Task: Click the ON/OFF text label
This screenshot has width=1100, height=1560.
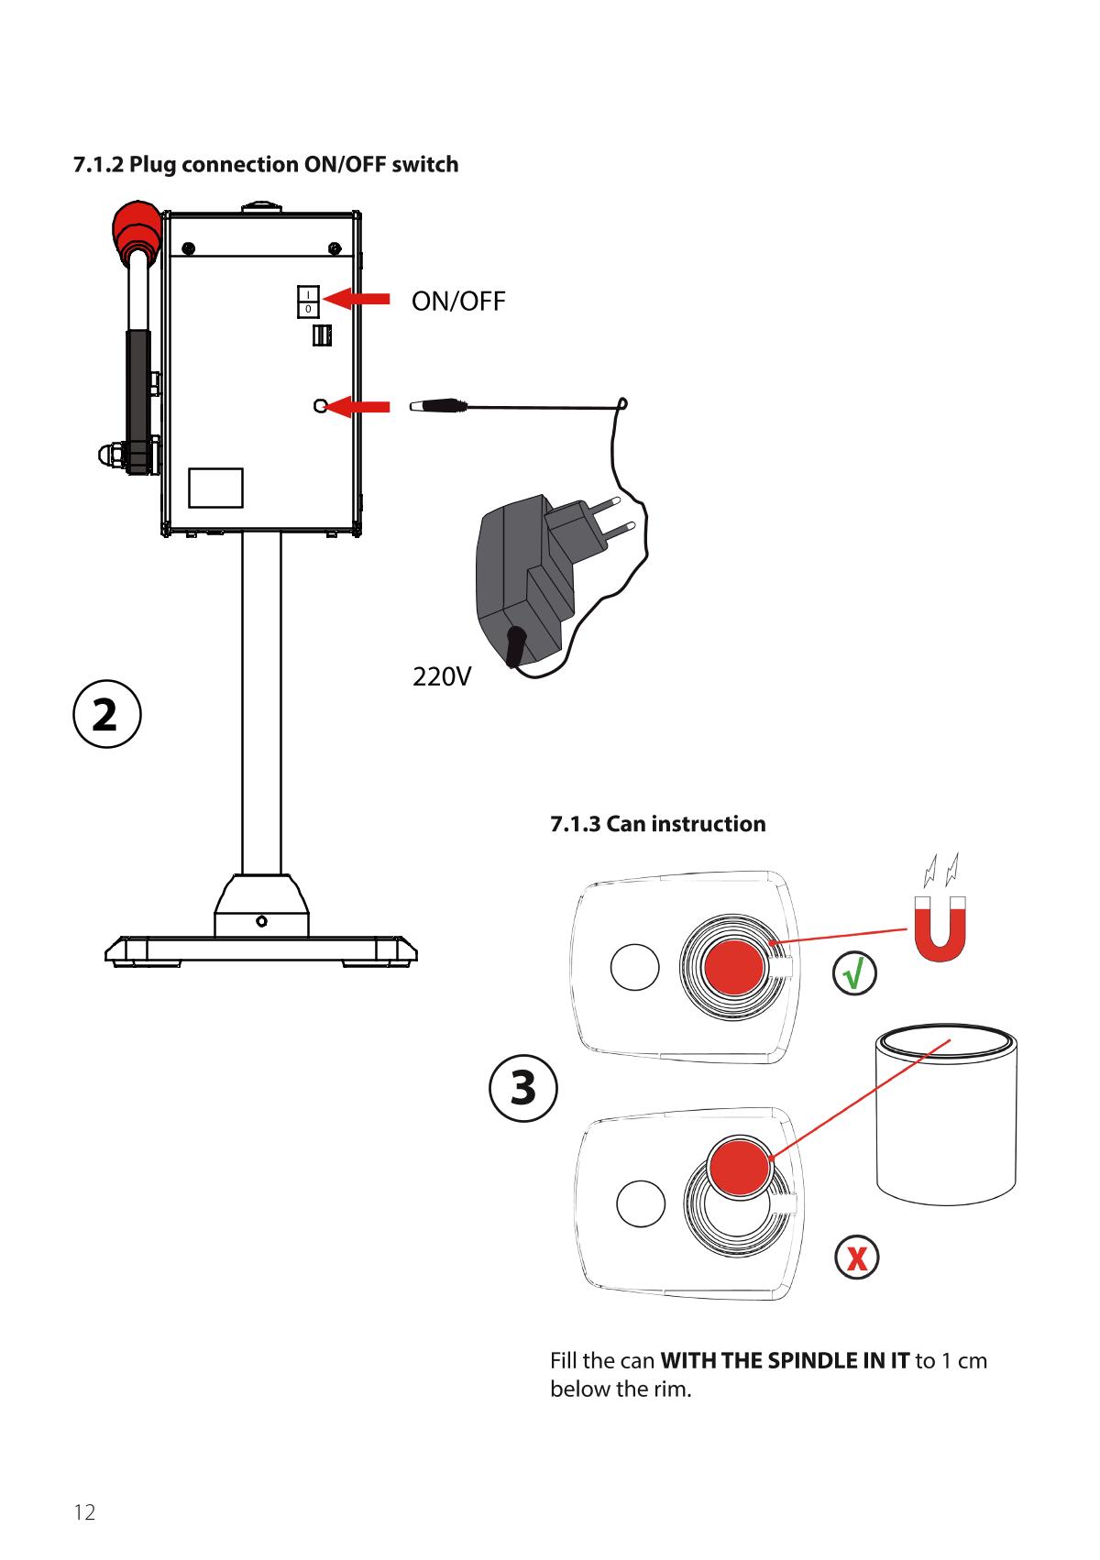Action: pyautogui.click(x=458, y=302)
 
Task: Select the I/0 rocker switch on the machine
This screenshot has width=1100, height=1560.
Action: pyautogui.click(x=308, y=301)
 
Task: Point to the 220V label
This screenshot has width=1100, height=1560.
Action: pyautogui.click(x=442, y=677)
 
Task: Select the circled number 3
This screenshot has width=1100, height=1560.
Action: pyautogui.click(x=522, y=1087)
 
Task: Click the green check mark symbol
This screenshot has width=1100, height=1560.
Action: pyautogui.click(x=854, y=975)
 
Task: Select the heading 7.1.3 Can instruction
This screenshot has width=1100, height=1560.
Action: pyautogui.click(x=657, y=824)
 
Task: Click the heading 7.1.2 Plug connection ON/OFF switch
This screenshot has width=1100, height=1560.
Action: pyautogui.click(x=266, y=165)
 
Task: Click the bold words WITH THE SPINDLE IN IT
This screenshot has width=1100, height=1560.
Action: pyautogui.click(x=785, y=1360)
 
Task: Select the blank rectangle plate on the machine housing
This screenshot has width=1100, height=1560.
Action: pyautogui.click(x=215, y=488)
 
